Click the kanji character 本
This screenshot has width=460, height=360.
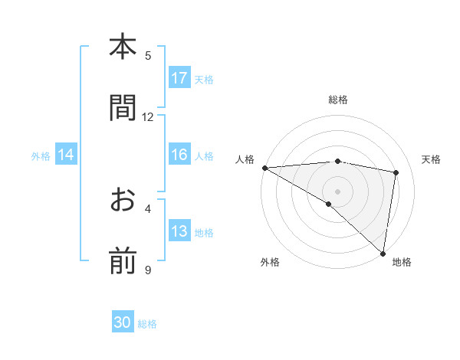click(x=123, y=47)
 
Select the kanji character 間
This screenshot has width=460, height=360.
click(x=123, y=108)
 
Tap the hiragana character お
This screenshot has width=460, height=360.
click(x=123, y=201)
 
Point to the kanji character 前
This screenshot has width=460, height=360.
click(x=123, y=261)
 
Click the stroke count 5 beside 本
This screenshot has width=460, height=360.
click(x=148, y=55)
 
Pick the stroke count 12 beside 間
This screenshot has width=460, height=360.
click(x=148, y=116)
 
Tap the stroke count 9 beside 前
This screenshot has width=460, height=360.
click(x=148, y=270)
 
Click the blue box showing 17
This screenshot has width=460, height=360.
click(x=179, y=78)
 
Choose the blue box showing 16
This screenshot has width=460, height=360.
click(x=179, y=155)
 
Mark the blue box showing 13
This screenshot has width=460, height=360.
click(x=179, y=231)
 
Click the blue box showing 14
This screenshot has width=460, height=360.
click(x=66, y=155)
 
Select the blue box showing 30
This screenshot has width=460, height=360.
click(x=123, y=322)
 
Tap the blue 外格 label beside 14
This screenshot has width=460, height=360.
click(x=41, y=155)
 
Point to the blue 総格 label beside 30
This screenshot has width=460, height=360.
click(x=147, y=324)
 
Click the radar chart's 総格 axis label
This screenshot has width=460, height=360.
click(x=337, y=100)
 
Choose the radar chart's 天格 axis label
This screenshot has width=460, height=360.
click(x=432, y=159)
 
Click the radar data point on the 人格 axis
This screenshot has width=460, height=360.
click(x=264, y=167)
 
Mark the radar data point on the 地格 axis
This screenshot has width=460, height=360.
click(x=383, y=253)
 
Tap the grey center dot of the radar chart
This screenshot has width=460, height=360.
click(x=337, y=191)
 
